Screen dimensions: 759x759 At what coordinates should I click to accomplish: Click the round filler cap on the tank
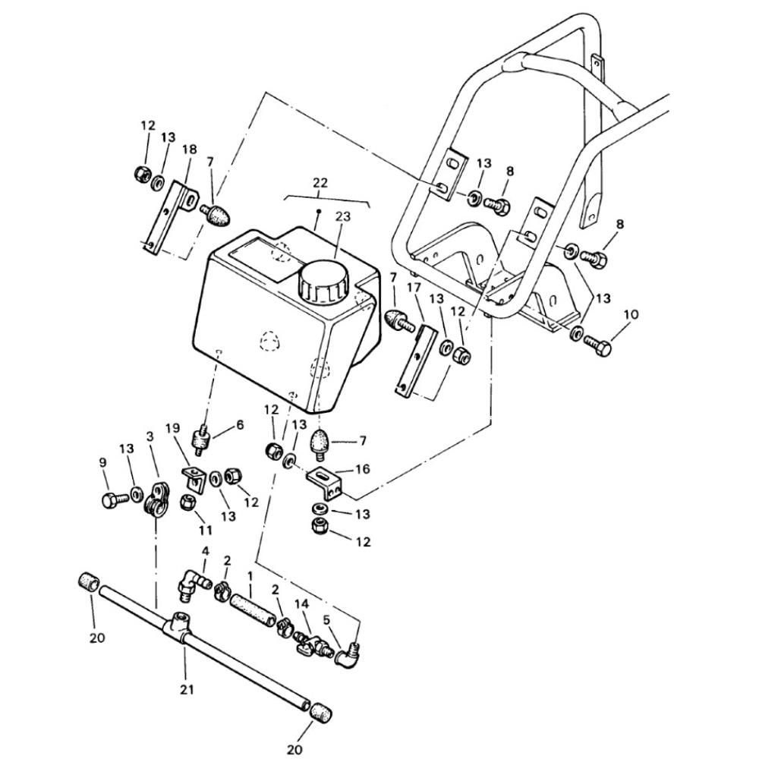click(323, 282)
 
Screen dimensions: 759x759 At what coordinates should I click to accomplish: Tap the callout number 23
click(342, 216)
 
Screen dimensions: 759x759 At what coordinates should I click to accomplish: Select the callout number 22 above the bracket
click(320, 183)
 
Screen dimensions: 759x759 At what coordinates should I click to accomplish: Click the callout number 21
click(187, 689)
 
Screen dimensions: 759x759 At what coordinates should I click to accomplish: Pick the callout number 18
click(189, 150)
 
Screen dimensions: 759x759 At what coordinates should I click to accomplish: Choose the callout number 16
click(362, 469)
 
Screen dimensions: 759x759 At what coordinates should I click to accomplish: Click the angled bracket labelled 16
click(326, 482)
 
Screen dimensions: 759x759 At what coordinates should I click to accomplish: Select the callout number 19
click(172, 428)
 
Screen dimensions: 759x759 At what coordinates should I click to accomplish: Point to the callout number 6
click(240, 425)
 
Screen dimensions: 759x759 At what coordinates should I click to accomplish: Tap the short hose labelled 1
click(252, 612)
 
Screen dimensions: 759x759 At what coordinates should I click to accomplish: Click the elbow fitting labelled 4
click(193, 583)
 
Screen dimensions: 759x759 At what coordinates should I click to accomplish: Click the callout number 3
click(150, 436)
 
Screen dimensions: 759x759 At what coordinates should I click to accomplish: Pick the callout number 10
click(631, 314)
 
